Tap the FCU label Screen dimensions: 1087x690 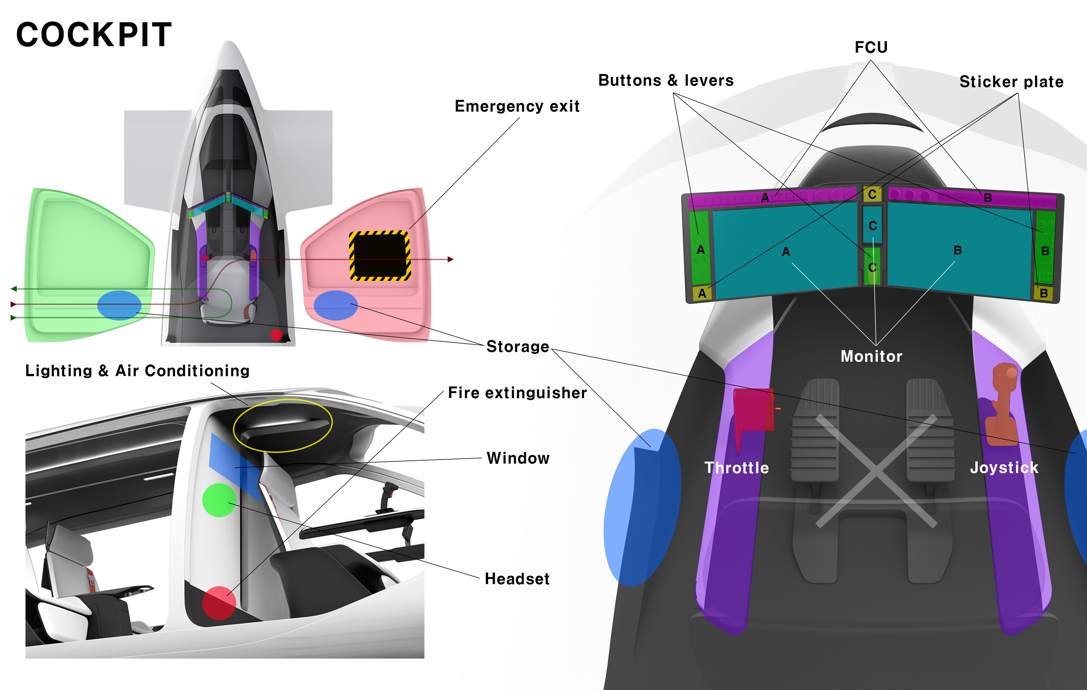pos(871,47)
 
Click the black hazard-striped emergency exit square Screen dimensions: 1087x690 pos(380,256)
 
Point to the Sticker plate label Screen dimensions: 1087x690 pos(1011,82)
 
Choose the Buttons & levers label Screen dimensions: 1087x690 pos(666,80)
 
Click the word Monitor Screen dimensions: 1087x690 pos(871,356)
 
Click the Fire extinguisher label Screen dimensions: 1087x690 pos(517,393)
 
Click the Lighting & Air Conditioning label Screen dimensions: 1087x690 pos(137,371)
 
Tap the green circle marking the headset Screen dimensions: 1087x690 pos(219,500)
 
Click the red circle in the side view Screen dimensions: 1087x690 pos(219,603)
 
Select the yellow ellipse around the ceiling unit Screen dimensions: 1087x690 pos(283,400)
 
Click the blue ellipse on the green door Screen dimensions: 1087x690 pos(119,305)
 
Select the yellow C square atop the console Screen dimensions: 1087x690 pos(872,194)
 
